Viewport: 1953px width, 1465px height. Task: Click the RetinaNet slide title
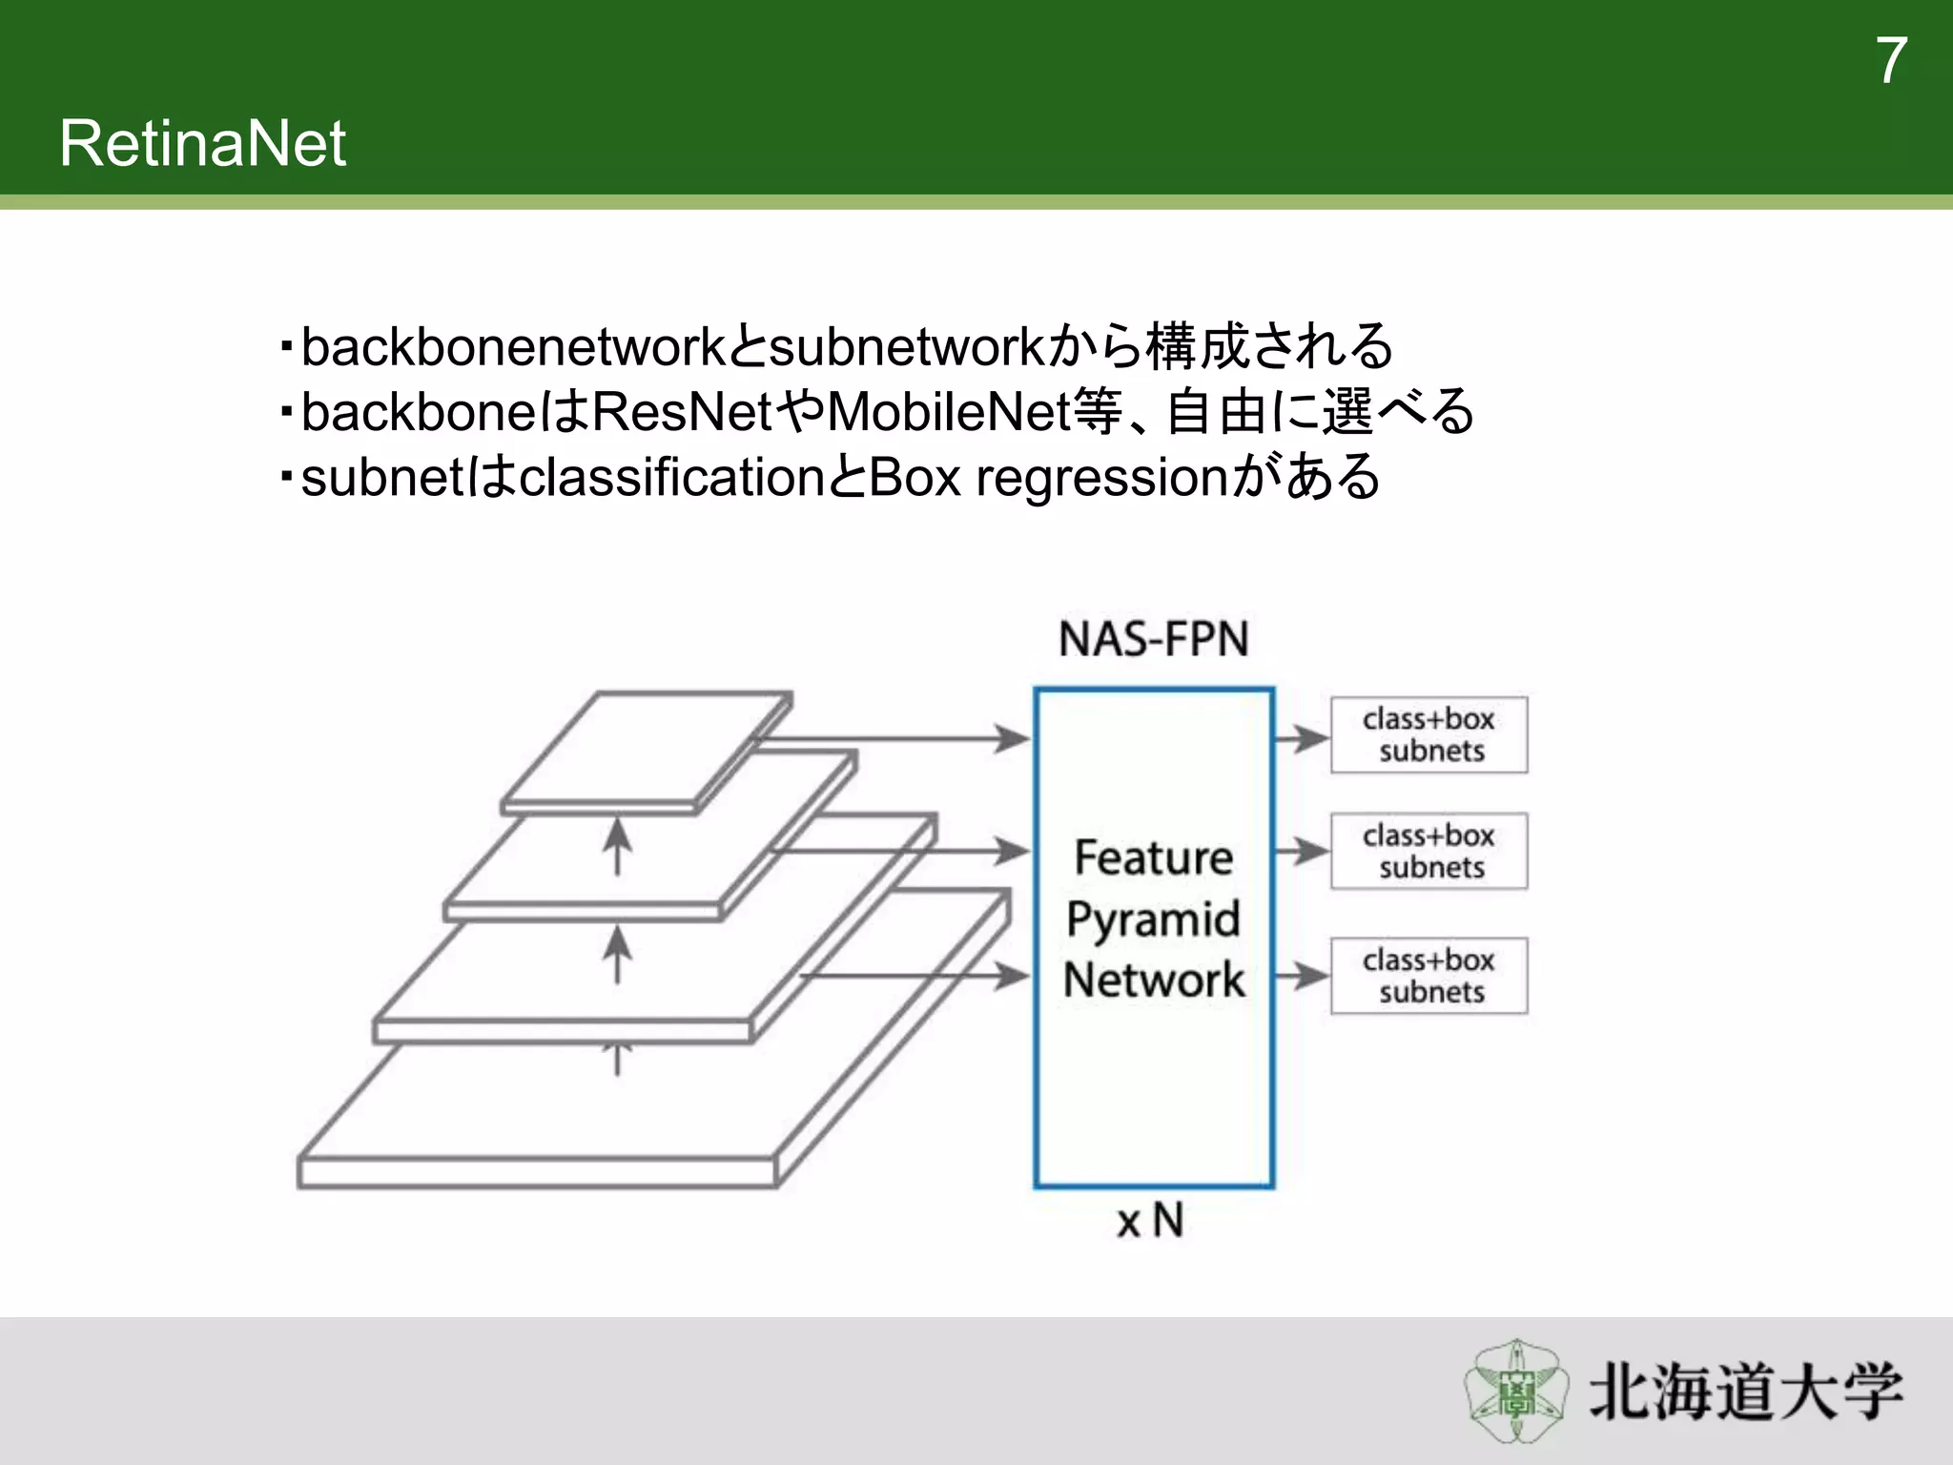[x=202, y=144]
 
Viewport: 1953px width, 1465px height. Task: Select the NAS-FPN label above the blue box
[x=1153, y=639]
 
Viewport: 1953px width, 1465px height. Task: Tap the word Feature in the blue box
[x=1153, y=857]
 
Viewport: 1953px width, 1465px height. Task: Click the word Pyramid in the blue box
[x=1153, y=919]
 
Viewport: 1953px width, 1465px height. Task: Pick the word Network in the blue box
[x=1153, y=980]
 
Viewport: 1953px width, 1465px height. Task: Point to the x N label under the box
[x=1151, y=1221]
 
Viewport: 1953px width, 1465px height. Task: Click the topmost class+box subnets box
[x=1429, y=735]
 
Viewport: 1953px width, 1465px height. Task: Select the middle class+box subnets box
[x=1429, y=852]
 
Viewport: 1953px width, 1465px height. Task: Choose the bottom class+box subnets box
[x=1429, y=976]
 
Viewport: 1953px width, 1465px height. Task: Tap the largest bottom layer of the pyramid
[x=539, y=1171]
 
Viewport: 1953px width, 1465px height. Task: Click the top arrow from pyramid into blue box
[x=896, y=737]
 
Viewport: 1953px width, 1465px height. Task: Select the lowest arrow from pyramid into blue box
[x=915, y=976]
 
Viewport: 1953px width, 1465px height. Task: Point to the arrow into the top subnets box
[x=1302, y=737]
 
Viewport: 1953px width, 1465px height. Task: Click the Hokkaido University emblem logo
[x=1516, y=1391]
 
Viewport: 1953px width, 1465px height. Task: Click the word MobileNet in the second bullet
[x=949, y=412]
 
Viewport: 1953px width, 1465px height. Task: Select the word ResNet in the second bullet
[x=682, y=412]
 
